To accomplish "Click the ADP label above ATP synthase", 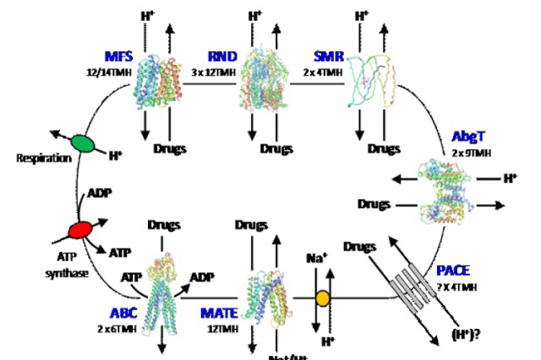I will [x=99, y=194].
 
